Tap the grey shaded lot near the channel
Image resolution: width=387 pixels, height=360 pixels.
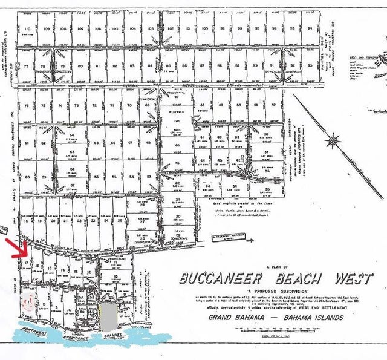point(106,315)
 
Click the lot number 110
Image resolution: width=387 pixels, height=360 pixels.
point(28,28)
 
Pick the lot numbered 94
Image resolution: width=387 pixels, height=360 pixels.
point(310,28)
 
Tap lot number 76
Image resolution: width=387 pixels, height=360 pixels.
point(27,105)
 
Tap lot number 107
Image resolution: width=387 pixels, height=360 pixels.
point(80,28)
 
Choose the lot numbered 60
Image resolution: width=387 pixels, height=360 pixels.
point(28,177)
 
